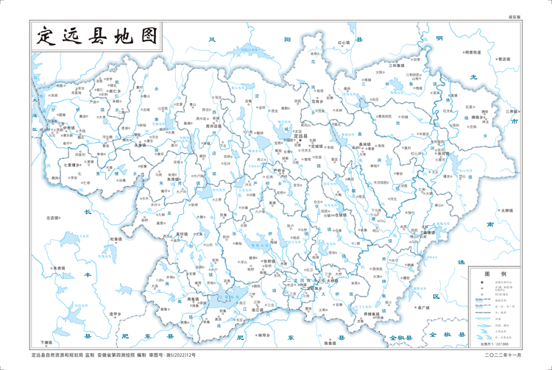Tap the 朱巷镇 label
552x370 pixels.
(x=174, y=179)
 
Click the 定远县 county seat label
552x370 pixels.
(x=301, y=137)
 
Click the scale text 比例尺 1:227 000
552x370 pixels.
(x=493, y=343)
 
